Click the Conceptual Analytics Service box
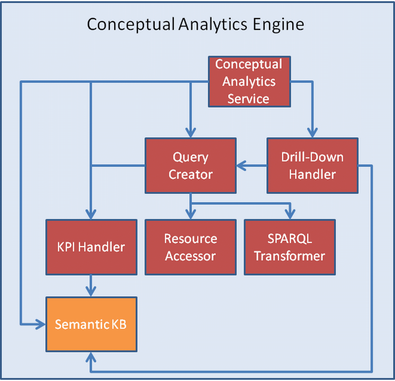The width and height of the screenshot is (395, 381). click(x=249, y=81)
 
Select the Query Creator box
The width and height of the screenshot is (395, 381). click(x=191, y=166)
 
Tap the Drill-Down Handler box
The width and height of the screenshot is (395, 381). click(x=312, y=166)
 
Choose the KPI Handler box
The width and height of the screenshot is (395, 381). click(x=91, y=247)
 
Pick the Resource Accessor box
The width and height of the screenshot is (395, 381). click(x=191, y=247)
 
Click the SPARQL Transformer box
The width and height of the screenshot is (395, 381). click(x=290, y=247)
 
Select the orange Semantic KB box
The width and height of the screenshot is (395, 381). click(x=91, y=324)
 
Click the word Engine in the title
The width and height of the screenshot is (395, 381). click(x=278, y=25)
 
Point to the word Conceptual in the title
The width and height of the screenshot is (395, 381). click(x=131, y=25)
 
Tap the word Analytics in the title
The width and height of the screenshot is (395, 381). click(x=213, y=25)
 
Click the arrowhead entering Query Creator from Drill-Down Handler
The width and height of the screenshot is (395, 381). click(x=241, y=166)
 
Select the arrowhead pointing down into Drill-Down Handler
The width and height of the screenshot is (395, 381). click(x=312, y=132)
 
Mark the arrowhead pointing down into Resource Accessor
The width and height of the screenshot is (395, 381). click(x=191, y=214)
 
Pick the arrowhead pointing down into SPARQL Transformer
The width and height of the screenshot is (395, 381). click(x=290, y=214)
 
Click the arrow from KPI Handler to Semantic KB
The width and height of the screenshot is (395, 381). click(x=91, y=286)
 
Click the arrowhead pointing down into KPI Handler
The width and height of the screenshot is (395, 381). click(x=91, y=214)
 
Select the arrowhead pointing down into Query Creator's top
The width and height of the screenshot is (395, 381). click(x=191, y=132)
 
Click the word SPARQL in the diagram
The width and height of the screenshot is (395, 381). click(x=290, y=239)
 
